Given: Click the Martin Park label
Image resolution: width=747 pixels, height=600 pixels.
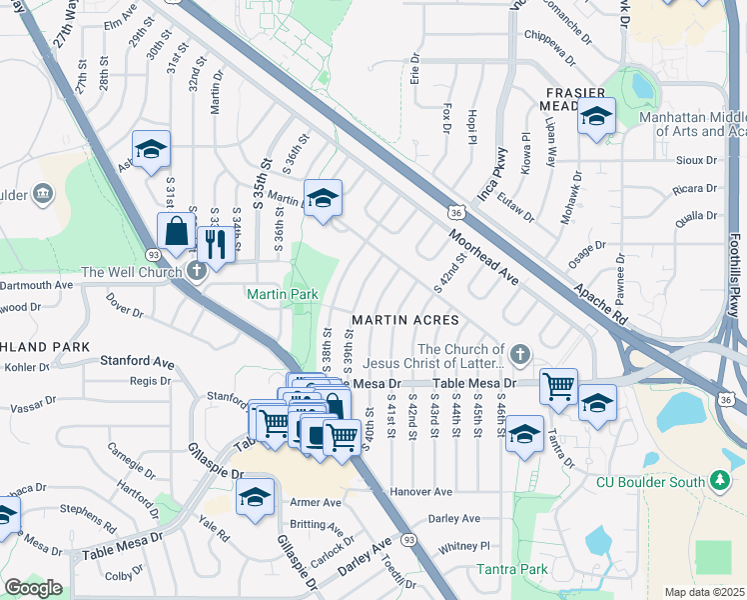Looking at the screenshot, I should point(283,294).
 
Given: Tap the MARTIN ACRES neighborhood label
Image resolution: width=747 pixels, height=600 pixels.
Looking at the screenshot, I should point(404,320).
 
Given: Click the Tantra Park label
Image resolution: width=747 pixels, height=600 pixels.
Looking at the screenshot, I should point(513,570).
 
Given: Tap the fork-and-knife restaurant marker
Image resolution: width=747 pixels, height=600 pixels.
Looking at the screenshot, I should point(216,242).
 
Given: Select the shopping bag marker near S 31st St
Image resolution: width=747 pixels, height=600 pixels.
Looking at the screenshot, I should point(177,231).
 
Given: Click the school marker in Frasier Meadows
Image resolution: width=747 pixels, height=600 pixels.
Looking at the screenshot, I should point(596,117).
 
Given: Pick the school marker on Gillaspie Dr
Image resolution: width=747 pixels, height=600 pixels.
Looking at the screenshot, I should point(255,496).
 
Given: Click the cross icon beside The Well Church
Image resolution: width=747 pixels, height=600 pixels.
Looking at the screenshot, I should point(197,270).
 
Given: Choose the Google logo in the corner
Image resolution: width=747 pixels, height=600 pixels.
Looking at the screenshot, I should point(33,588).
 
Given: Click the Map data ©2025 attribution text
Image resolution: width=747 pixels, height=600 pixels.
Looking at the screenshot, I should point(704,592).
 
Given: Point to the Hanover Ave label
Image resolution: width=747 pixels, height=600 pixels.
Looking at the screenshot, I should point(421,492).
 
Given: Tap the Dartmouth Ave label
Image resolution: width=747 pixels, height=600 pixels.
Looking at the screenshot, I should point(37,285).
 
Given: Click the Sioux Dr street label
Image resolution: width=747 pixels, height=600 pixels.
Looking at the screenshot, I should point(697,160).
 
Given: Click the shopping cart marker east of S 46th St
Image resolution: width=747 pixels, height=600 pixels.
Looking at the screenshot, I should point(559,386).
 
